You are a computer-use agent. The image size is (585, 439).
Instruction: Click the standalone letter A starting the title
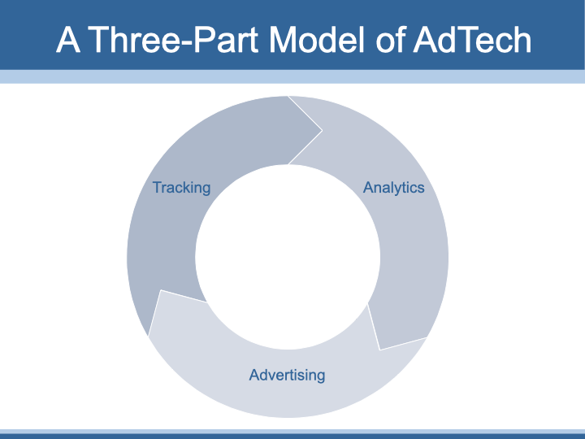point(68,39)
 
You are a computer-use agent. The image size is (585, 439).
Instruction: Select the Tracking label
point(181,188)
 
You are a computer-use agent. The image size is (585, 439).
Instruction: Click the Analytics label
point(393,188)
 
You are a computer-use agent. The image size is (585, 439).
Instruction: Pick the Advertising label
point(287,375)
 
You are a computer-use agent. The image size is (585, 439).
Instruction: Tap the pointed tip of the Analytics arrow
point(380,349)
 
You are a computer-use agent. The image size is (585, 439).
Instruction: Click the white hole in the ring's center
point(288,257)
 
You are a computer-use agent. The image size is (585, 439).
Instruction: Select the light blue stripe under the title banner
point(292,76)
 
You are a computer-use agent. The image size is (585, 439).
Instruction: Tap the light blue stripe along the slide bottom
point(292,432)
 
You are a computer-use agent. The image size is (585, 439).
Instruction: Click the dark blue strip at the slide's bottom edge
point(292,437)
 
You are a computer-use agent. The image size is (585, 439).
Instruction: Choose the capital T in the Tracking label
point(157,188)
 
